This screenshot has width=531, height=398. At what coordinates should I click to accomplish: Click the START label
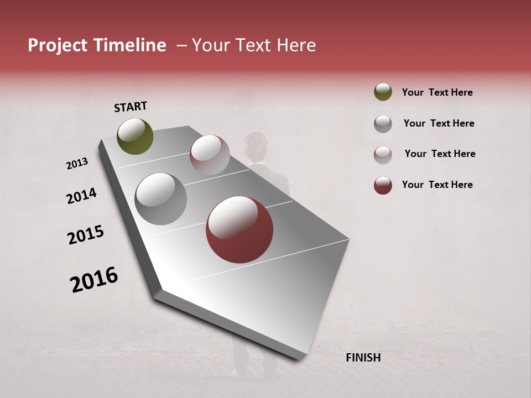click(x=131, y=107)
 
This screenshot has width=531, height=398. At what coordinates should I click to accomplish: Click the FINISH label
click(x=363, y=358)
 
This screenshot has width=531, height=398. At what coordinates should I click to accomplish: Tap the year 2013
click(x=77, y=164)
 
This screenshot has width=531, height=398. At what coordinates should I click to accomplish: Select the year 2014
click(x=81, y=196)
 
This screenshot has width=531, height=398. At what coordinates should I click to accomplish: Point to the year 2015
click(x=86, y=234)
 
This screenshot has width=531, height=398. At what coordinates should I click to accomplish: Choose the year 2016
click(x=94, y=279)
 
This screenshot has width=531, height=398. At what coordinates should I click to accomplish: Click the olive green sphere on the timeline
click(x=135, y=136)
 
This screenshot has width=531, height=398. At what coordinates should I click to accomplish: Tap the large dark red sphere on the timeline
click(x=239, y=229)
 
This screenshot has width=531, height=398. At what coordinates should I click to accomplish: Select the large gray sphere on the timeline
click(x=160, y=198)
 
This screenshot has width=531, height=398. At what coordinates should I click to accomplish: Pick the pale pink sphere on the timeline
click(x=210, y=155)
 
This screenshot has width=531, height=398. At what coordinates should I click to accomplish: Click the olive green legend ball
click(x=383, y=92)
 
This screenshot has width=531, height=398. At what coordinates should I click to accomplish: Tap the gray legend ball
click(x=383, y=123)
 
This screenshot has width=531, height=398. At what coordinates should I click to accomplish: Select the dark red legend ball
click(x=383, y=185)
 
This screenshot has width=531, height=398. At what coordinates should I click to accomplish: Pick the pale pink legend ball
click(x=383, y=154)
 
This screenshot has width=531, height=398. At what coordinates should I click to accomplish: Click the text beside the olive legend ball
click(x=437, y=92)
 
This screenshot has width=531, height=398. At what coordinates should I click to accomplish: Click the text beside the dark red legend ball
click(x=437, y=185)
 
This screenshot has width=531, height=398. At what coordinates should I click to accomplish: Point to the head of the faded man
click(x=256, y=145)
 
